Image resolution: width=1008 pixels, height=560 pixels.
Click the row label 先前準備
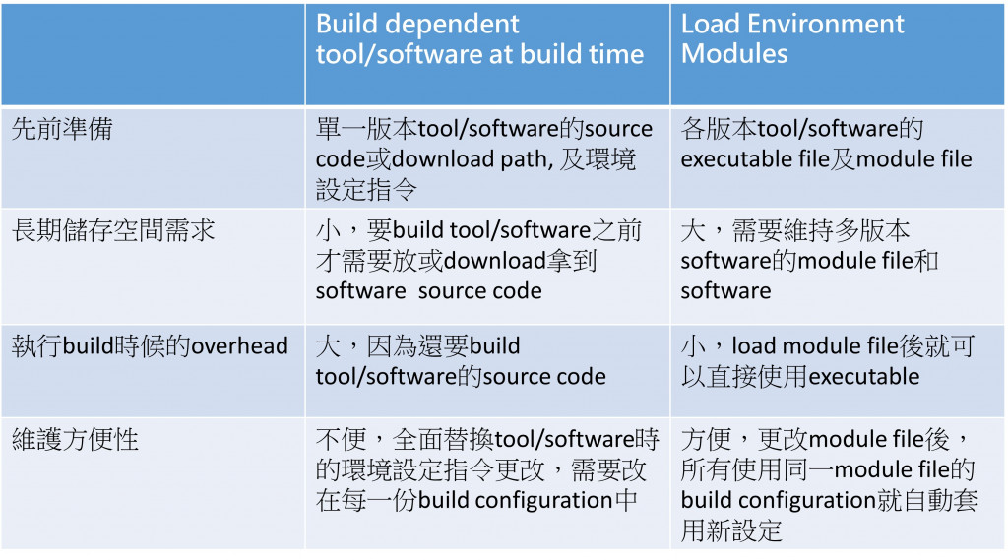61,129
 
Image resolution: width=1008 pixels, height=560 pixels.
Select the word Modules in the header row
734,54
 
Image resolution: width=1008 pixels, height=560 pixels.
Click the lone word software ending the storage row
725,291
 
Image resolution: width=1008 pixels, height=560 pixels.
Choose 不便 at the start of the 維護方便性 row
341,440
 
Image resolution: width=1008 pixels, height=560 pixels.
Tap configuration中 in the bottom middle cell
556,500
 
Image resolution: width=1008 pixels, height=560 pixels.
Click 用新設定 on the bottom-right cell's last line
730,530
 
